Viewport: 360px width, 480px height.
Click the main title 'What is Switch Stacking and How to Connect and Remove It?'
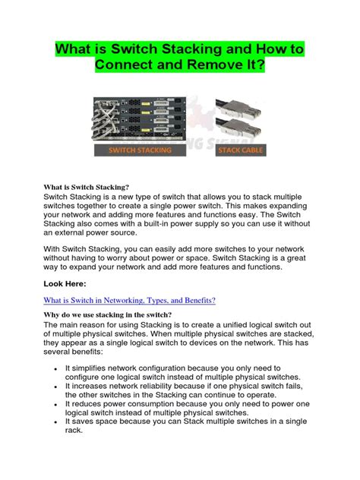coord(180,57)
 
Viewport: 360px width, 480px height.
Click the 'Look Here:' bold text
coord(66,283)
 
